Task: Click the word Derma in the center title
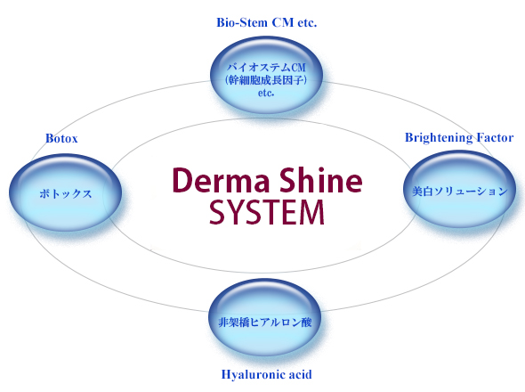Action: coord(222,180)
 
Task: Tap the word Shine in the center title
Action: coord(321,179)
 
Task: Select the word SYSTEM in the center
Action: coord(267,212)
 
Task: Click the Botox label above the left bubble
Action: coord(61,138)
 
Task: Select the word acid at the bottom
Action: coord(298,374)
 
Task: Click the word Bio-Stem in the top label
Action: coord(242,22)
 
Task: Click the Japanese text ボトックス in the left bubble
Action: coord(65,194)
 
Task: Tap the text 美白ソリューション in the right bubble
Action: coord(460,192)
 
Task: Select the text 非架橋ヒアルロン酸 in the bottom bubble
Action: coord(265,323)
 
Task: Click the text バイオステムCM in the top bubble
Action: coord(267,68)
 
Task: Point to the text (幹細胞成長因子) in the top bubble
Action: coord(266,80)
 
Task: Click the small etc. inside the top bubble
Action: coord(266,93)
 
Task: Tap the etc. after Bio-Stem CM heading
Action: coord(307,23)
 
